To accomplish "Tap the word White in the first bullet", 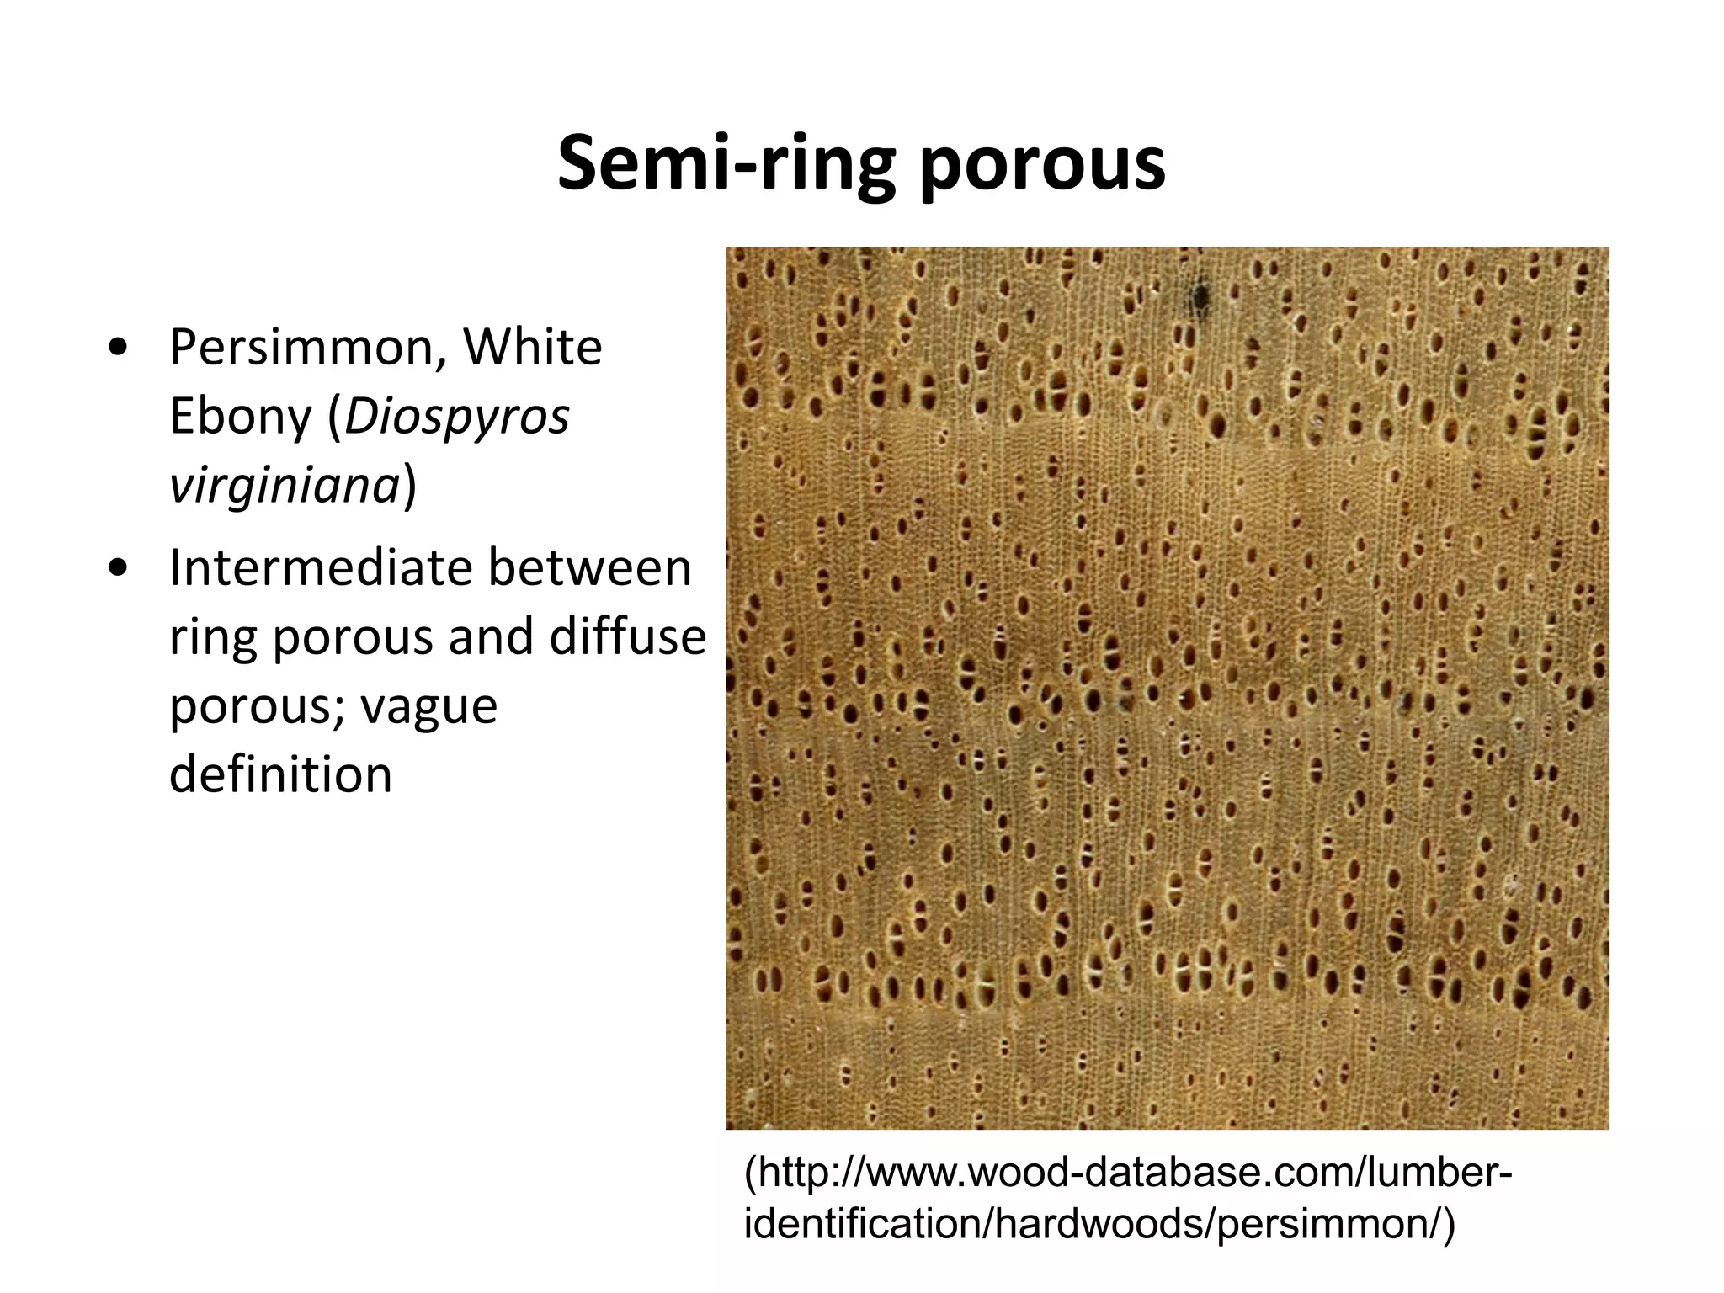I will pos(533,347).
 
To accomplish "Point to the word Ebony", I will pos(240,416).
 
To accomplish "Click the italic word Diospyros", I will pos(457,416).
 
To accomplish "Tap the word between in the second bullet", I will pos(590,567).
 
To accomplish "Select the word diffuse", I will pos(627,636).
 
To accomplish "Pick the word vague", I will pos(429,705).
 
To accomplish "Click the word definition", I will pos(280,774).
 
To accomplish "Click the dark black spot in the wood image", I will pos(1200,296).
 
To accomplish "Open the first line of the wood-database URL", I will pos(1128,1173).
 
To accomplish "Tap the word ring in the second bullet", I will pos(212,638).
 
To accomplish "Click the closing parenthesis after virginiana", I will pos(410,485).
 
